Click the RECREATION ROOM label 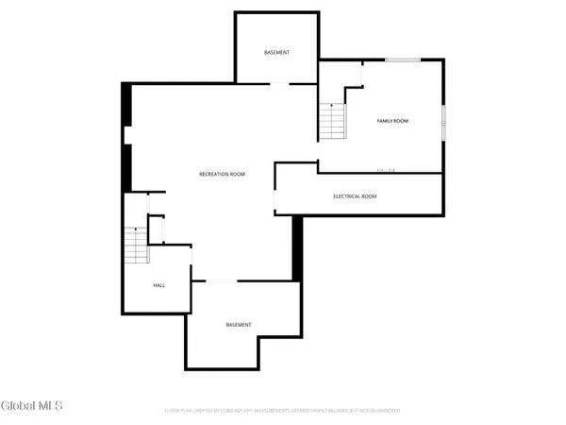[222, 174]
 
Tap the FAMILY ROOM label [392, 121]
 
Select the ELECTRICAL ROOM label [355, 196]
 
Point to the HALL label [159, 285]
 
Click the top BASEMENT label [276, 52]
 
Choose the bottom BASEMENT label [239, 325]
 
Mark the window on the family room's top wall [402, 60]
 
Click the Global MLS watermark [32, 406]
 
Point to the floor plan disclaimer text [282, 411]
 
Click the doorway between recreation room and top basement [280, 84]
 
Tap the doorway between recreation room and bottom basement [221, 280]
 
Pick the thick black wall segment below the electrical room [296, 247]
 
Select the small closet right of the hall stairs [157, 229]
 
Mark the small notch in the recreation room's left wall [127, 136]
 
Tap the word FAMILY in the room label [385, 121]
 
